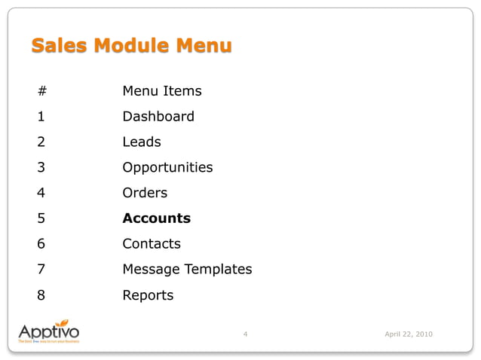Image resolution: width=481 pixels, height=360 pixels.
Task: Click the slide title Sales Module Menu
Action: [131, 46]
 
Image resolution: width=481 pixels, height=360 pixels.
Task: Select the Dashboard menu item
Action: [158, 117]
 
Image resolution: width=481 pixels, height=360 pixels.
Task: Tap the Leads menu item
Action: [142, 142]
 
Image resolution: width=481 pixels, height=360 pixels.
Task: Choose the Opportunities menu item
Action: [167, 167]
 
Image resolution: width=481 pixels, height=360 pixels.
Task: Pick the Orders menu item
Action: [145, 193]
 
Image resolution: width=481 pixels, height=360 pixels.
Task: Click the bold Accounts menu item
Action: [157, 218]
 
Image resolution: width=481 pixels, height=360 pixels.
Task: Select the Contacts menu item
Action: [152, 244]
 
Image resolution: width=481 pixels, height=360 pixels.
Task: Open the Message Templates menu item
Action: [187, 270]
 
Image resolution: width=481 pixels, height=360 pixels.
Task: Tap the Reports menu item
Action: [148, 295]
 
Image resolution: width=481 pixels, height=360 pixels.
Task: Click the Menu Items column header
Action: [162, 91]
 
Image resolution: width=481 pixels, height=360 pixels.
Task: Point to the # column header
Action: [41, 91]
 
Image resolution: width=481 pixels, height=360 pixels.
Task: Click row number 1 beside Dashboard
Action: [41, 117]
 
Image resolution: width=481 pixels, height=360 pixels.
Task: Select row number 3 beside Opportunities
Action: [41, 167]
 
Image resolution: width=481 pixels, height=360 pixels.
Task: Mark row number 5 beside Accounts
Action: [41, 218]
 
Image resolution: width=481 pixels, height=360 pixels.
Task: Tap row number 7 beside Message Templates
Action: [41, 270]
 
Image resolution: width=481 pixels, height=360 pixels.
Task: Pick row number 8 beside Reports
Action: [41, 295]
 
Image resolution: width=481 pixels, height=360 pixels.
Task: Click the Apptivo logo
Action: [48, 333]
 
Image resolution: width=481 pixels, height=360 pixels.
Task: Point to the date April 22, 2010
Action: [409, 334]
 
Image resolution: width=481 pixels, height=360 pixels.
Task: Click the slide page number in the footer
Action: [247, 334]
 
